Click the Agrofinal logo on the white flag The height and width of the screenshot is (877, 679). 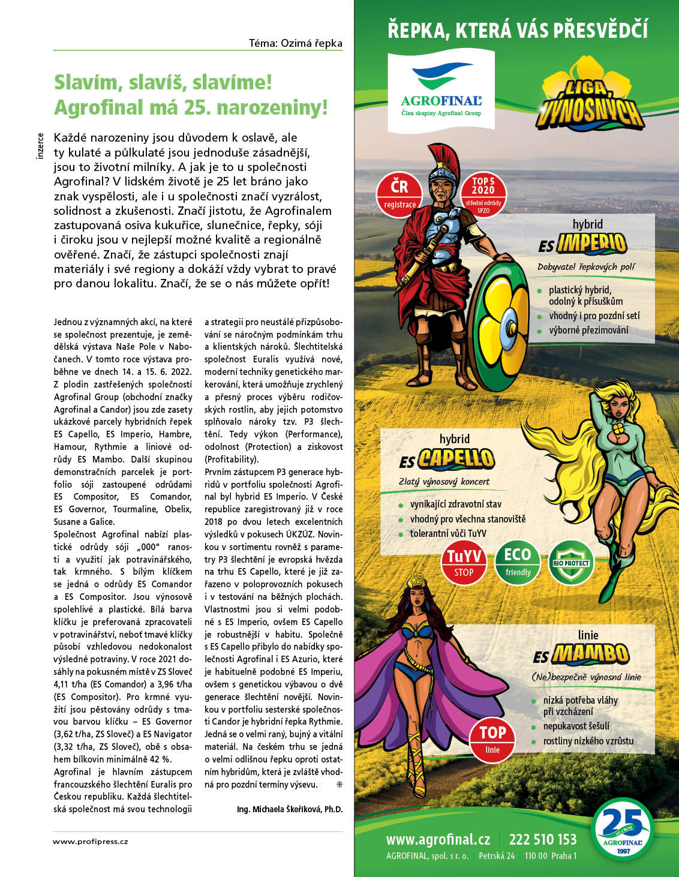coord(441,90)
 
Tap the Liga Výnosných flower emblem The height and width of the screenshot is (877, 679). coord(590,96)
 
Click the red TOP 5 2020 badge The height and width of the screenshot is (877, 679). coord(483,194)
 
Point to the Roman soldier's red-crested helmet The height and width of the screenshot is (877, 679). coord(443,168)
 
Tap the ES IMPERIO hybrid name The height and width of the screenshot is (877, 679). coord(582,244)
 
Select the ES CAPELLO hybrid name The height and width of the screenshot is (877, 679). coord(447,459)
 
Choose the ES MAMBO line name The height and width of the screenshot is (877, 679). coord(581,655)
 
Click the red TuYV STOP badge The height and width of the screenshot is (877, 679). coord(464,563)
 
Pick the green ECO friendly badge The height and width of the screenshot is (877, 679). coord(518,563)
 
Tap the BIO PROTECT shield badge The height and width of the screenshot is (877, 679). coord(571,563)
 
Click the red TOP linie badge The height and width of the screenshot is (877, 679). coord(492,738)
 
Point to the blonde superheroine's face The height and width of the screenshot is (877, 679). coord(620,409)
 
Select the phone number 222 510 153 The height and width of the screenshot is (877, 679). coord(542,839)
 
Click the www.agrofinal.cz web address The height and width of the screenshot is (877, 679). coord(438,839)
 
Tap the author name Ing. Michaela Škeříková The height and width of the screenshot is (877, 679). coord(290,809)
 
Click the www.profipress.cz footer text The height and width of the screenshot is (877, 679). coord(91,842)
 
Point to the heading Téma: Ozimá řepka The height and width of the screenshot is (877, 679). coord(296,43)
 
